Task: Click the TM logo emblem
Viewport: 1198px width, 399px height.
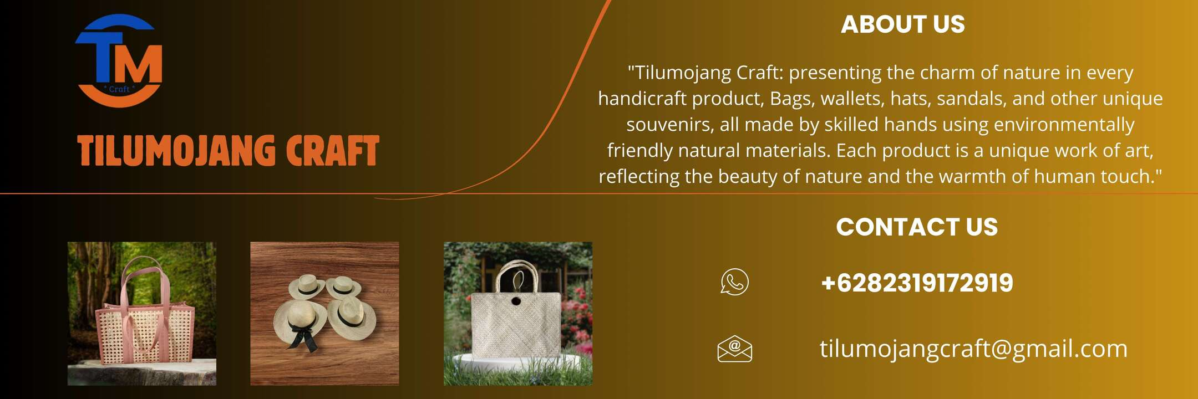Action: click(119, 60)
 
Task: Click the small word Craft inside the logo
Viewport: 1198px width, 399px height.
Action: click(119, 89)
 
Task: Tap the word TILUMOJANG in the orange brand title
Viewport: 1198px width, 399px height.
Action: click(176, 151)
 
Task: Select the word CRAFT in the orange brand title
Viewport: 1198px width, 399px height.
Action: click(333, 151)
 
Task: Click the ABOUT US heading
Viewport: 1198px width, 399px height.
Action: click(903, 24)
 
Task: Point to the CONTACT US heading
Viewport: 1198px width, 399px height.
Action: click(917, 227)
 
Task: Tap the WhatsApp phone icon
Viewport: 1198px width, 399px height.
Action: click(735, 282)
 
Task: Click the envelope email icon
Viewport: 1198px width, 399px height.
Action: click(735, 349)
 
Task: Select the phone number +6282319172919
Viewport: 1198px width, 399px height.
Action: click(917, 283)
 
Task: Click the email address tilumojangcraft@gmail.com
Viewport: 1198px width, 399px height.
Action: click(973, 349)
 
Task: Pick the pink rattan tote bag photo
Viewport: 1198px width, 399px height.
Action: click(142, 314)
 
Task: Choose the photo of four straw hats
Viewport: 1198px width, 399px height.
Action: click(324, 314)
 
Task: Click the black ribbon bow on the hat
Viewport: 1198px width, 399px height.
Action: click(302, 335)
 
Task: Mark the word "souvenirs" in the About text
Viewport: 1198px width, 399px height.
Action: click(670, 125)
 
